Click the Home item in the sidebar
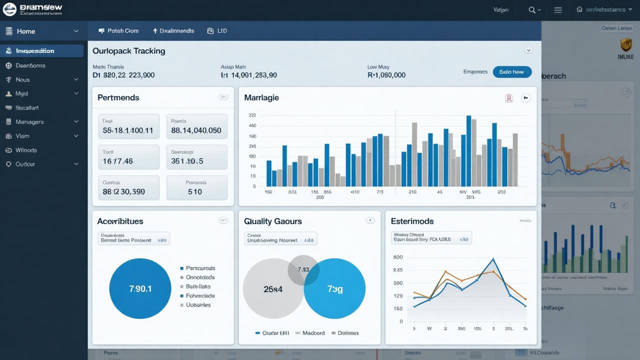point(26,31)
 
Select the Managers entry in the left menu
point(29,122)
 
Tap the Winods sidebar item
point(26,150)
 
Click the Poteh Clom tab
point(119,30)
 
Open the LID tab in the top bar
point(217,30)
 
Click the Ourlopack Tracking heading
point(129,50)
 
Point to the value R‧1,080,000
point(386,75)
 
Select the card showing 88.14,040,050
point(196,126)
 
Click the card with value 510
point(196,188)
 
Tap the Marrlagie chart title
point(261,97)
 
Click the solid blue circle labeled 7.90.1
point(140,289)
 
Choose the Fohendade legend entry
point(200,295)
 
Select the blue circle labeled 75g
point(334,289)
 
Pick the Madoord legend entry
point(313,333)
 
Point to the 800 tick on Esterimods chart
point(398,257)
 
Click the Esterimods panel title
point(412,221)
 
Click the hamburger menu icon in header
point(558,10)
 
